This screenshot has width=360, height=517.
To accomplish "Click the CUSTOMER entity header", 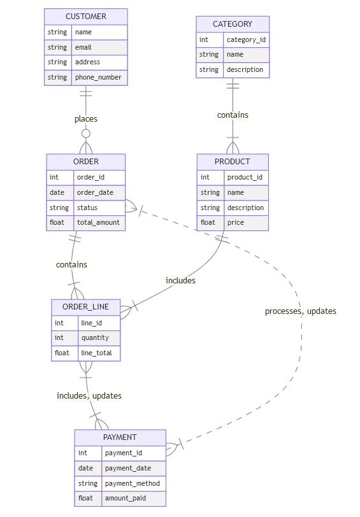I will pos(85,16).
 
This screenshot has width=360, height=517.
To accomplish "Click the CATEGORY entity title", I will pos(232,24).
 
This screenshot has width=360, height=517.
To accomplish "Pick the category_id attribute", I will pos(246,39).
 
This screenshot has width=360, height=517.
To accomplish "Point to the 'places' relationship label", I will pos(85,118).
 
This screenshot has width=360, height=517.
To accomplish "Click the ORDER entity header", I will pos(85,161).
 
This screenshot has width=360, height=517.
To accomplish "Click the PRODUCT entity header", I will pos(232,161).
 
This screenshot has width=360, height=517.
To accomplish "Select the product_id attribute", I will pos(245,177).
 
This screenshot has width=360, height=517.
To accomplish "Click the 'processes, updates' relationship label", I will pos(300,311).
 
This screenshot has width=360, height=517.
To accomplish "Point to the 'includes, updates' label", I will pos(89,395).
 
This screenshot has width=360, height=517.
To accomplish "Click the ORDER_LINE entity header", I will pos(85,306).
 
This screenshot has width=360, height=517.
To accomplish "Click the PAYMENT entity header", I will pos(120,437).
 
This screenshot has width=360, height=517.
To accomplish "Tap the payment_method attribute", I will pos(132,483).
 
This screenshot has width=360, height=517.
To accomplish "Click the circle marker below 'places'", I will pos(85,134).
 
